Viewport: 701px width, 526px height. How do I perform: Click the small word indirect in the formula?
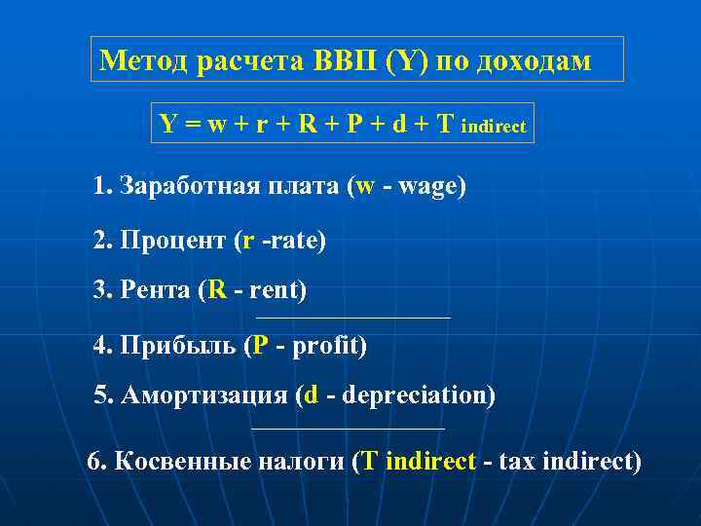tap(494, 127)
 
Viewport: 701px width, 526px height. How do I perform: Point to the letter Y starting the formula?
tap(167, 124)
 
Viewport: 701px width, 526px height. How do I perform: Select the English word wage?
tap(427, 187)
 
